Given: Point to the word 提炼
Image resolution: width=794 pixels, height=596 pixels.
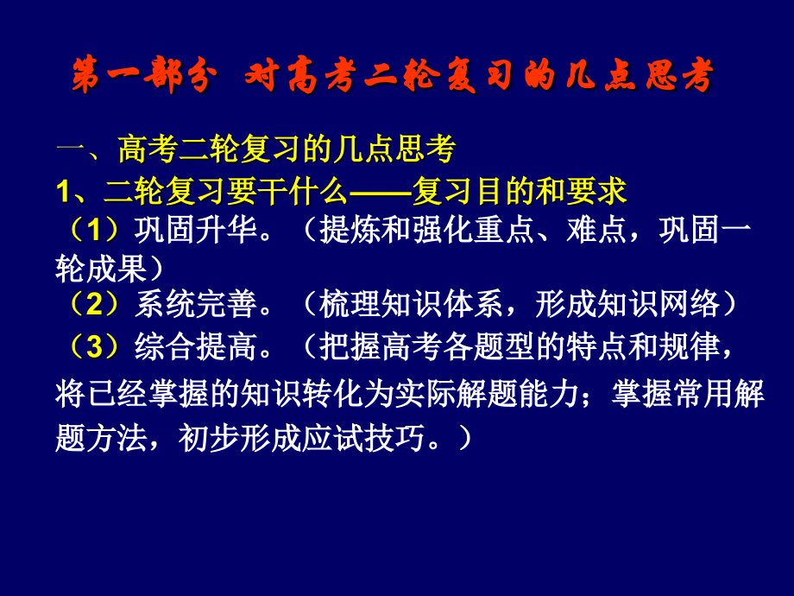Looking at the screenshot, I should coord(349,231).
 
